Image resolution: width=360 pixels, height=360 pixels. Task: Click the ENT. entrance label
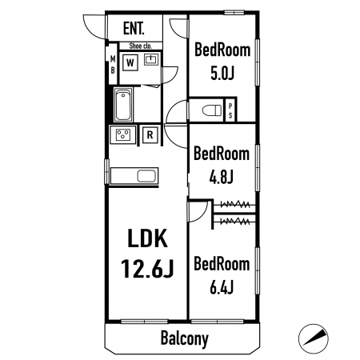[134, 28]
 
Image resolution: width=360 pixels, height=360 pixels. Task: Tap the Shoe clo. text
[141, 46]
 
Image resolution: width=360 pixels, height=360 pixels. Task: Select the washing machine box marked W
[130, 63]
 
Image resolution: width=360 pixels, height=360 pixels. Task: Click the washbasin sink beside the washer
[151, 59]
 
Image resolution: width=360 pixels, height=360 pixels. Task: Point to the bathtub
[123, 106]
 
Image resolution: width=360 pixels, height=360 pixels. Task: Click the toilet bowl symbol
[212, 110]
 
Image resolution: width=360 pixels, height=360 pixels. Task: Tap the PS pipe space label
[230, 110]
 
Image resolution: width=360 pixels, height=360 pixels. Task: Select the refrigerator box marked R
[150, 135]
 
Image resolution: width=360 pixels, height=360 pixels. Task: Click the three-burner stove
[123, 134]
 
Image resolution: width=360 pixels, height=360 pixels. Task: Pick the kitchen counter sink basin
[146, 176]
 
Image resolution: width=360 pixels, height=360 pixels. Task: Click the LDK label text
[147, 238]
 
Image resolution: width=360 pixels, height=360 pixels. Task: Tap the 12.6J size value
[147, 268]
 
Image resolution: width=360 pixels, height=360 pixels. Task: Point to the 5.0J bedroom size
[222, 73]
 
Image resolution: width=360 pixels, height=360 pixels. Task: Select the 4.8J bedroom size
[222, 177]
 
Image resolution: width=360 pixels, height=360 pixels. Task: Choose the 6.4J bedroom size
[222, 287]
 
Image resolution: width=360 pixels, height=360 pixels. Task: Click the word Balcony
[185, 338]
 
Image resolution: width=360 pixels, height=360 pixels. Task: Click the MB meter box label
[113, 65]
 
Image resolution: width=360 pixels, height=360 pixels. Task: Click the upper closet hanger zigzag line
[235, 205]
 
